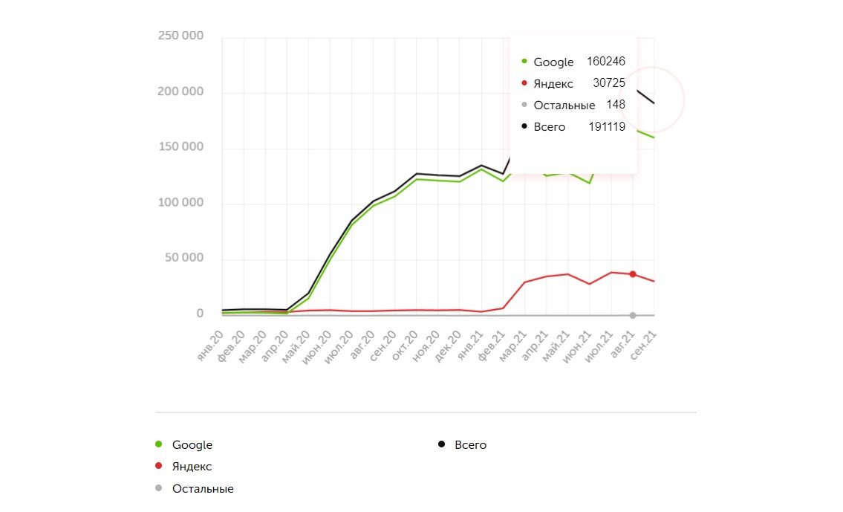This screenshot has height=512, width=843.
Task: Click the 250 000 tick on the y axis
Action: point(180,36)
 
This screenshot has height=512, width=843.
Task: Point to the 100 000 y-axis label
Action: point(180,203)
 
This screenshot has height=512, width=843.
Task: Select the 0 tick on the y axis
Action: point(200,314)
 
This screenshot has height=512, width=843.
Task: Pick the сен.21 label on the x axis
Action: point(643,347)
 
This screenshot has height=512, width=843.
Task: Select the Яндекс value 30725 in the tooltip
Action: point(609,83)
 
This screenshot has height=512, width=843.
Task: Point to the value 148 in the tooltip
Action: point(616,105)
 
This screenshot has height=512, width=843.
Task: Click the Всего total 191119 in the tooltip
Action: point(607,127)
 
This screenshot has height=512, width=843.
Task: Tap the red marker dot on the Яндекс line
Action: point(633,274)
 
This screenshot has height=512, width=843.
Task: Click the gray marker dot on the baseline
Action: point(633,315)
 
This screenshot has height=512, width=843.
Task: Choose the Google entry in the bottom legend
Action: point(192,445)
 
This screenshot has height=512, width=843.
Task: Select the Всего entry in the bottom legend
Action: point(470,445)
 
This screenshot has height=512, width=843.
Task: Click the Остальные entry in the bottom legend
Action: point(202,489)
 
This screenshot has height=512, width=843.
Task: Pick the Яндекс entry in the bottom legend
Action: point(192,467)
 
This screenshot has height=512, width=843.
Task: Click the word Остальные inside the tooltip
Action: point(564,106)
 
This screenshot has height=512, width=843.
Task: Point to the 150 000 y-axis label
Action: point(180,147)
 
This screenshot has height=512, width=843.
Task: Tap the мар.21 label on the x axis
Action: point(513,347)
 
